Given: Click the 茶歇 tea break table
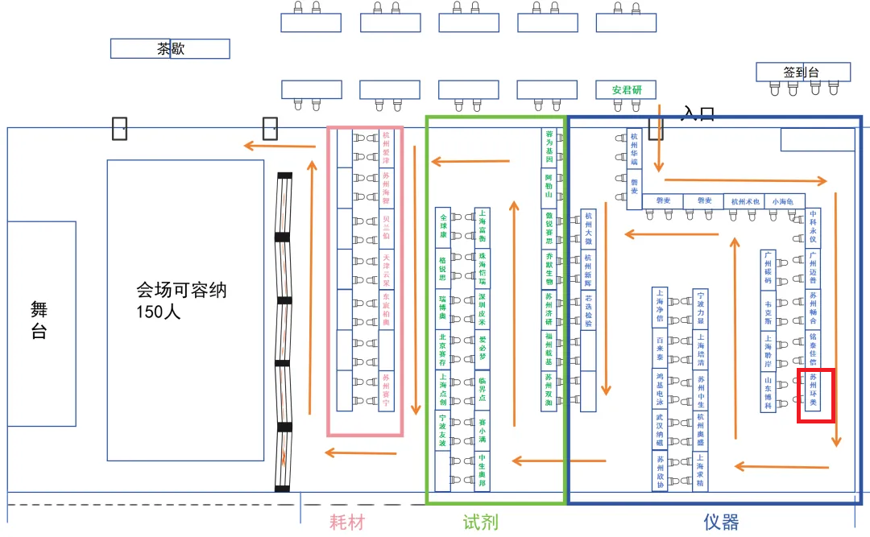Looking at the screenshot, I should coord(170,49).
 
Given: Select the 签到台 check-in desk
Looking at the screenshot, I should coord(802,72).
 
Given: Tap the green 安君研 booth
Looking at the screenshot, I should coord(627,89).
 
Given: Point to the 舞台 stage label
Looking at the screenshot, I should coord(39,320).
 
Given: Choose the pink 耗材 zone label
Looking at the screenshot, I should coord(348,523).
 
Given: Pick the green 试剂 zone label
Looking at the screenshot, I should coord(480,523).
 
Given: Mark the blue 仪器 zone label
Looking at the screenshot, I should coord(720,523).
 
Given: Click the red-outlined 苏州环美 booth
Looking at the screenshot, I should coord(814,390).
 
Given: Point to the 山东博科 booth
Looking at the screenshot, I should coord(768,393).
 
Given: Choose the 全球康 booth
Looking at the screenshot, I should coord(442,228).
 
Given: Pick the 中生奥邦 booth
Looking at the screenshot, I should coord(482,471).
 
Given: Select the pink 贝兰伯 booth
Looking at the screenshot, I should coord(387,229).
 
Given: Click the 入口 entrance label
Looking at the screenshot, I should coord(698,114).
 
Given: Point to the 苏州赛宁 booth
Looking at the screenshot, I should coord(387,391).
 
